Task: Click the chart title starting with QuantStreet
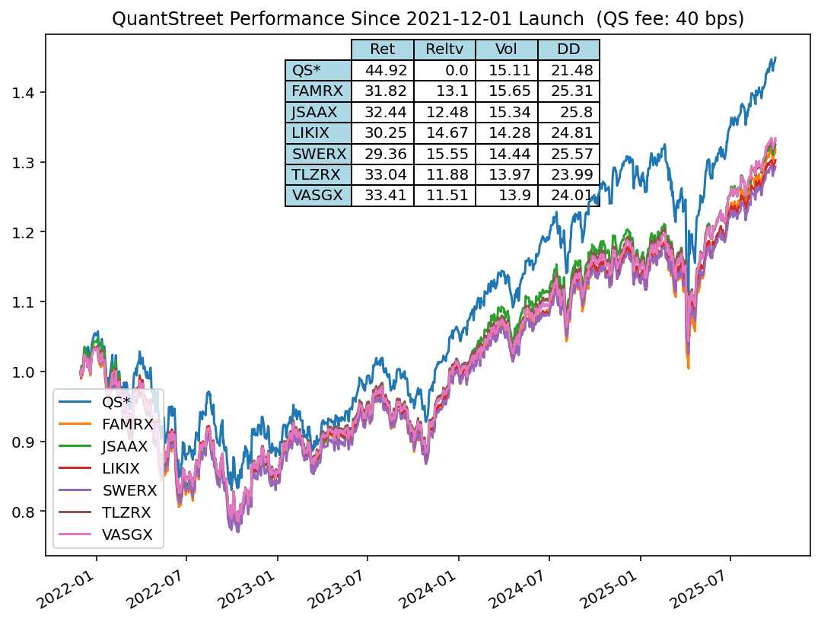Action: pos(428,19)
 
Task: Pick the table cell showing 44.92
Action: pos(382,71)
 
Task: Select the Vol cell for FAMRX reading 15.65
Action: pos(506,91)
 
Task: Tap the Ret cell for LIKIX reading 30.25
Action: pos(382,133)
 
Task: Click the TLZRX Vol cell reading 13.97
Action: pos(506,175)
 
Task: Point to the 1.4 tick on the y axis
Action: pos(23,93)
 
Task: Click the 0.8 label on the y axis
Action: pos(23,512)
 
